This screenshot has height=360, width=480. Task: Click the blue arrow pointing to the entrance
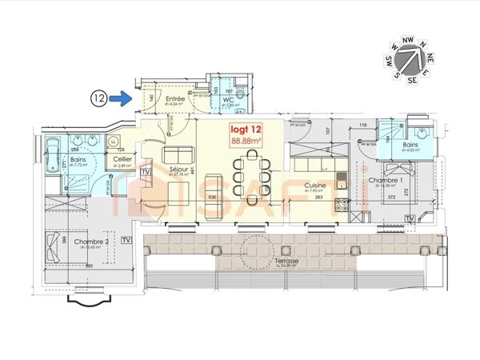(x=120, y=98)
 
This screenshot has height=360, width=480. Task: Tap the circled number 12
(x=98, y=98)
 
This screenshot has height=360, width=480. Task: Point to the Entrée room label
(x=175, y=98)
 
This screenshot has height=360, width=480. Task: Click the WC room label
(x=227, y=100)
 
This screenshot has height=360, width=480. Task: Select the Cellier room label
(x=122, y=159)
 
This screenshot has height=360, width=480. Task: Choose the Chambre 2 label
(x=63, y=242)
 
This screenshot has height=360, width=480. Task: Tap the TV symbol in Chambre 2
(x=126, y=239)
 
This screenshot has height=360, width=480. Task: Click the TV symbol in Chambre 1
(x=409, y=218)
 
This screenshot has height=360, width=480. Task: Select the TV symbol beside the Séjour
(x=146, y=171)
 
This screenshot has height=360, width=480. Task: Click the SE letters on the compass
(x=413, y=80)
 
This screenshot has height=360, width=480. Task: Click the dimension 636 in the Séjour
(x=190, y=197)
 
